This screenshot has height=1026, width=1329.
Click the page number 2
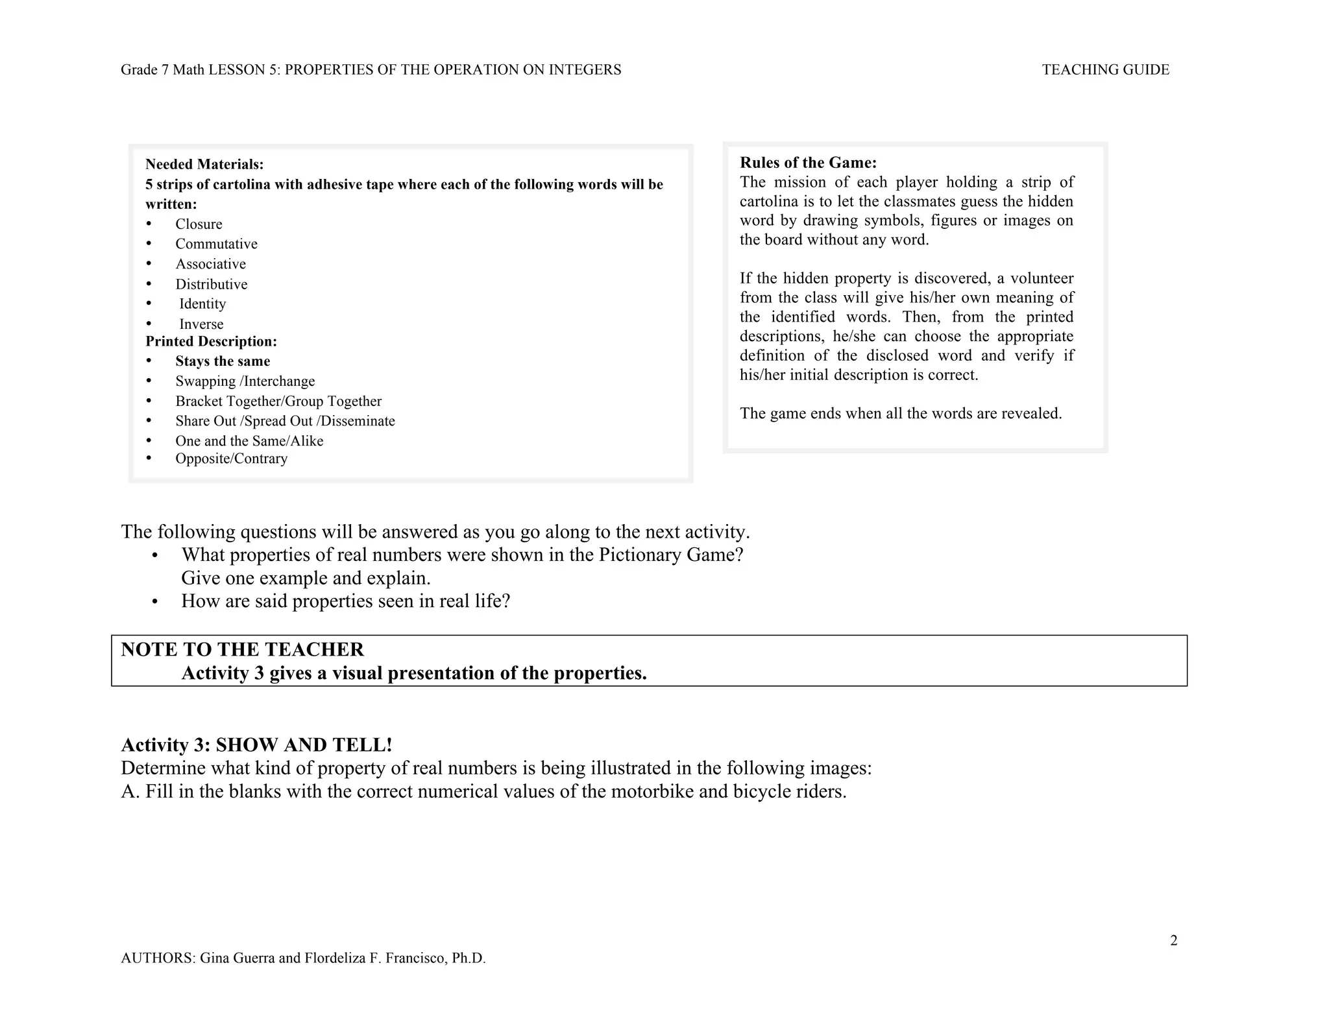tap(1173, 940)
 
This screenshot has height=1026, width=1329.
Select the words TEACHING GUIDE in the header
tap(1105, 70)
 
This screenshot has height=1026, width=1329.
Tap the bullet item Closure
tap(199, 224)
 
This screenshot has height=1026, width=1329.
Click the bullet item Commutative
tap(216, 244)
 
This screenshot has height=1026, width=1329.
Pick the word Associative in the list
tap(210, 264)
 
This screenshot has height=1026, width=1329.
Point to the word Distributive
tap(211, 284)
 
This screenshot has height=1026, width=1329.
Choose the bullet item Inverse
tap(201, 324)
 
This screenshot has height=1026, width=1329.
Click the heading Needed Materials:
tap(204, 165)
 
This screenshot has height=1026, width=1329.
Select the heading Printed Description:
tap(211, 342)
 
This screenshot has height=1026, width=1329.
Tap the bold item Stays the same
tap(223, 361)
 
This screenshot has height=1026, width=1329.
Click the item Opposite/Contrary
tap(231, 459)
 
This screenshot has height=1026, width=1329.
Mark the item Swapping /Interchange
tap(245, 381)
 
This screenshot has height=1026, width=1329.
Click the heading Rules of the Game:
tap(808, 163)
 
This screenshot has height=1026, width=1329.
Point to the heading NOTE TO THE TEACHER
tap(242, 649)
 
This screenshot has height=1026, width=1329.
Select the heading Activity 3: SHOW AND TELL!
tap(256, 745)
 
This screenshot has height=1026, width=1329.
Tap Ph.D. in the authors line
tap(469, 958)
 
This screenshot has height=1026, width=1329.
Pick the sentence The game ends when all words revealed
tap(901, 414)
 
